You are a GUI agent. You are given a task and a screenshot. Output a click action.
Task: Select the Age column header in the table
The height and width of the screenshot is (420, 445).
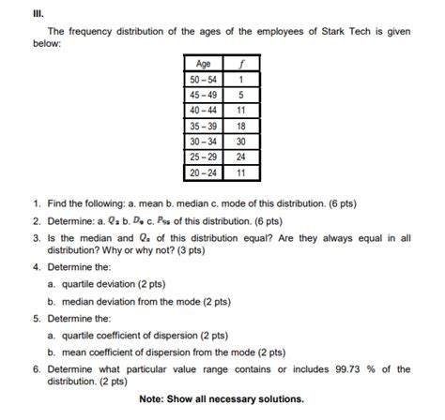(x=203, y=64)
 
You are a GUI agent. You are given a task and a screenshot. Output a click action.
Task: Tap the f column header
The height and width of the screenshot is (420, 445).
(x=241, y=64)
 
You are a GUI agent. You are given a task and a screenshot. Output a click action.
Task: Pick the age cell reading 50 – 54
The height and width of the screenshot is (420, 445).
(x=203, y=79)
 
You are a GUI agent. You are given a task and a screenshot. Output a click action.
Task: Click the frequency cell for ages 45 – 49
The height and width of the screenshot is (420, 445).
(x=241, y=94)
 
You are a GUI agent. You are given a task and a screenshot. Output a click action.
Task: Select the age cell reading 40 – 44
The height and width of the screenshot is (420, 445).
(x=203, y=110)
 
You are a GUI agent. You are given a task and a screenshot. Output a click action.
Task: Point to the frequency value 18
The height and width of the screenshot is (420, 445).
(x=241, y=126)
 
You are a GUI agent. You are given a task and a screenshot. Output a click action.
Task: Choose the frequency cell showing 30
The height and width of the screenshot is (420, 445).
(x=241, y=142)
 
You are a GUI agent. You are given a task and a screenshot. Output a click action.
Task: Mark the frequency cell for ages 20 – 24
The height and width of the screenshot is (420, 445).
(x=241, y=172)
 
